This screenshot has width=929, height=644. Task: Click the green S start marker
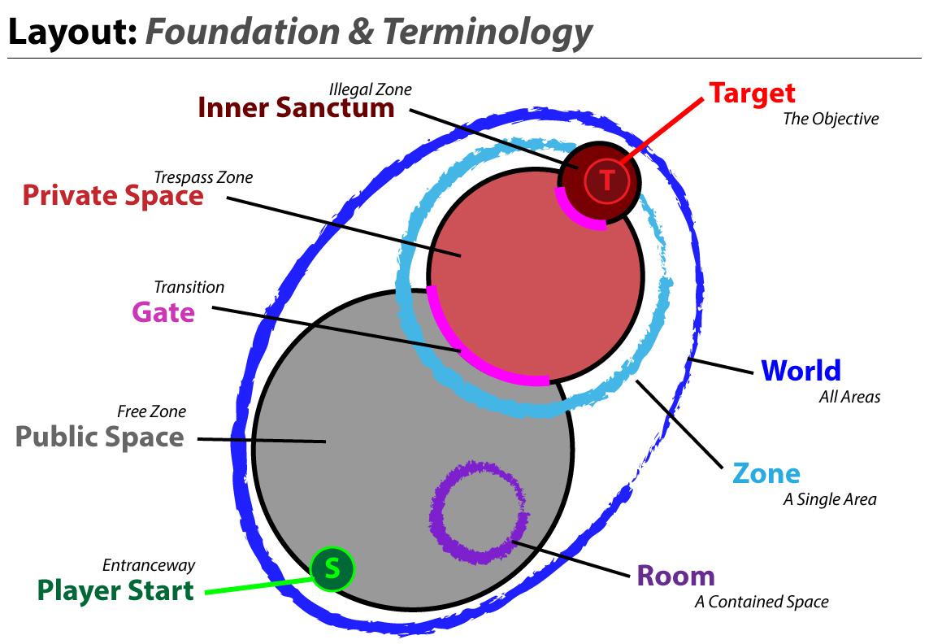pyautogui.click(x=332, y=568)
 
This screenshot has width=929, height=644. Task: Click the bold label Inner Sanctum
pyautogui.click(x=296, y=108)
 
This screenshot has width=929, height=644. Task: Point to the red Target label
pyautogui.click(x=752, y=93)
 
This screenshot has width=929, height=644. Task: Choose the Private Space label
pyautogui.click(x=113, y=196)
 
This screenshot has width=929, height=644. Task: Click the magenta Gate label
pyautogui.click(x=163, y=312)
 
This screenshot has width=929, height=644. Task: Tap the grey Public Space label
pyautogui.click(x=100, y=437)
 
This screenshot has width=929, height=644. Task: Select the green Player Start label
pyautogui.click(x=115, y=590)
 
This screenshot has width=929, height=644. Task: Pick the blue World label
pyautogui.click(x=801, y=371)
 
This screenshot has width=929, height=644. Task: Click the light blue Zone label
pyautogui.click(x=766, y=473)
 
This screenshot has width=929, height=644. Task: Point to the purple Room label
pyautogui.click(x=675, y=576)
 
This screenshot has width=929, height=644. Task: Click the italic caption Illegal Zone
pyautogui.click(x=370, y=89)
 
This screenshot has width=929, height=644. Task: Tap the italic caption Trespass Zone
pyautogui.click(x=203, y=177)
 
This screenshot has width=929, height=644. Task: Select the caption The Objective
pyautogui.click(x=831, y=119)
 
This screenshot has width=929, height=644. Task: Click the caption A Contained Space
pyautogui.click(x=761, y=603)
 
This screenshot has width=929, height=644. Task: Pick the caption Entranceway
pyautogui.click(x=149, y=565)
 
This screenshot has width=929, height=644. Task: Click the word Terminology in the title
pyautogui.click(x=487, y=32)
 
